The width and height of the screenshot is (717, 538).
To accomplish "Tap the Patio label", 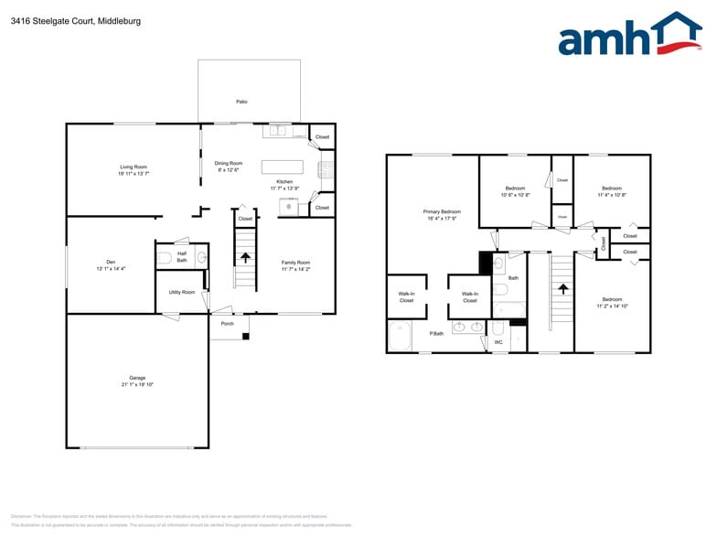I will tap(241, 102).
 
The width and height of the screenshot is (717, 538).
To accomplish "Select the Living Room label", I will tap(134, 167).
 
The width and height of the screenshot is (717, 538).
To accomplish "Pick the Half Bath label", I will tap(182, 257).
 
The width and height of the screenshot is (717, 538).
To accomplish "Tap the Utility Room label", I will tap(181, 292).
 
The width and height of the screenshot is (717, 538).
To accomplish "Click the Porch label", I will tap(228, 323).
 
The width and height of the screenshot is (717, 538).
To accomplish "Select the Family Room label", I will tap(295, 263).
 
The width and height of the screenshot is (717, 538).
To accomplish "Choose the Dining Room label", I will tap(229, 163).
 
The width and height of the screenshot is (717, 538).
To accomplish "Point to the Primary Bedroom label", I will tap(442, 211).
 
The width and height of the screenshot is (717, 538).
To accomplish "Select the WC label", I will tap(498, 342).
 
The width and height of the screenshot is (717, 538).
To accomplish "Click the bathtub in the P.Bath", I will tap(401, 337).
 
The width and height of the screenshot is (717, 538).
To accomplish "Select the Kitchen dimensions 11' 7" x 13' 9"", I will tap(285, 188).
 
